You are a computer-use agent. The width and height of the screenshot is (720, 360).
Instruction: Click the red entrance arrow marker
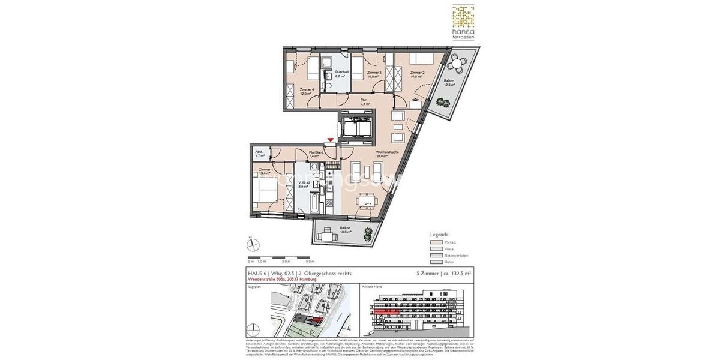pos(330,140)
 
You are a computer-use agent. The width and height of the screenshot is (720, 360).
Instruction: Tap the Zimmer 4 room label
pos(307,91)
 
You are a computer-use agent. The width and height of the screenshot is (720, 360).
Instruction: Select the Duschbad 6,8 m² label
pos(341,74)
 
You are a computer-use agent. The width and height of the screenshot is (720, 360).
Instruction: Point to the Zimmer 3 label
pos(374,74)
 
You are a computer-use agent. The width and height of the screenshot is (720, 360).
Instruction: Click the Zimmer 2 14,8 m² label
pos(417,74)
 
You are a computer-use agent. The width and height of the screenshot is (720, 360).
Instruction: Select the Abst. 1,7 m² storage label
pos(259,154)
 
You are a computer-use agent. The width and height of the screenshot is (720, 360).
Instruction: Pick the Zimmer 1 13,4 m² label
pos(266,172)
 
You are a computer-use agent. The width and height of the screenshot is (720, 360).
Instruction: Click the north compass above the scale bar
pos(254,244)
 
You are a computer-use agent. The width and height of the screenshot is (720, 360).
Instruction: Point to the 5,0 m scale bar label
pos(310,262)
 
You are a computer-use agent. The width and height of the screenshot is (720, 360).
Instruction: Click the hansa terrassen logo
pos(463,22)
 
